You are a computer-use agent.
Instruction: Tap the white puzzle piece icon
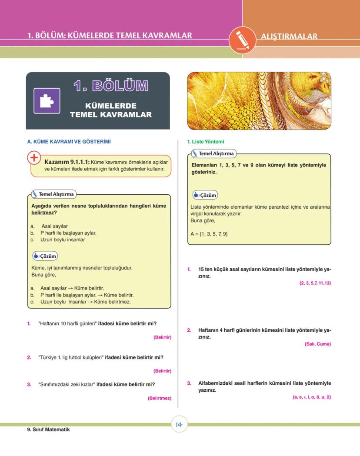(x=47, y=101)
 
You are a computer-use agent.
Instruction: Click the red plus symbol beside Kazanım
(x=34, y=158)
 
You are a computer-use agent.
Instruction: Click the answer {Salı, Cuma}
(x=318, y=344)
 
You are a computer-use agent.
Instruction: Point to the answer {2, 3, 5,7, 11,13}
(x=315, y=283)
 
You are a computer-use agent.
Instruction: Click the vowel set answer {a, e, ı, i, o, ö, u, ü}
(x=312, y=397)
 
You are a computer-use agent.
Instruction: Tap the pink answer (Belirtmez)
(x=159, y=398)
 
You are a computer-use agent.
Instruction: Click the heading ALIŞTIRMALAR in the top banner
(x=289, y=37)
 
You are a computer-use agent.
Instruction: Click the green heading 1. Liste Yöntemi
(x=206, y=142)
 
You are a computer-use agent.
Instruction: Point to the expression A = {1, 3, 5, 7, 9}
(x=209, y=234)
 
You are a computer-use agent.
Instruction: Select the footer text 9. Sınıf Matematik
(x=48, y=429)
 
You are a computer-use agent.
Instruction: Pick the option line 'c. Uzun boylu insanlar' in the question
(x=58, y=240)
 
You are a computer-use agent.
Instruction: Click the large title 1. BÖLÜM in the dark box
(x=110, y=86)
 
